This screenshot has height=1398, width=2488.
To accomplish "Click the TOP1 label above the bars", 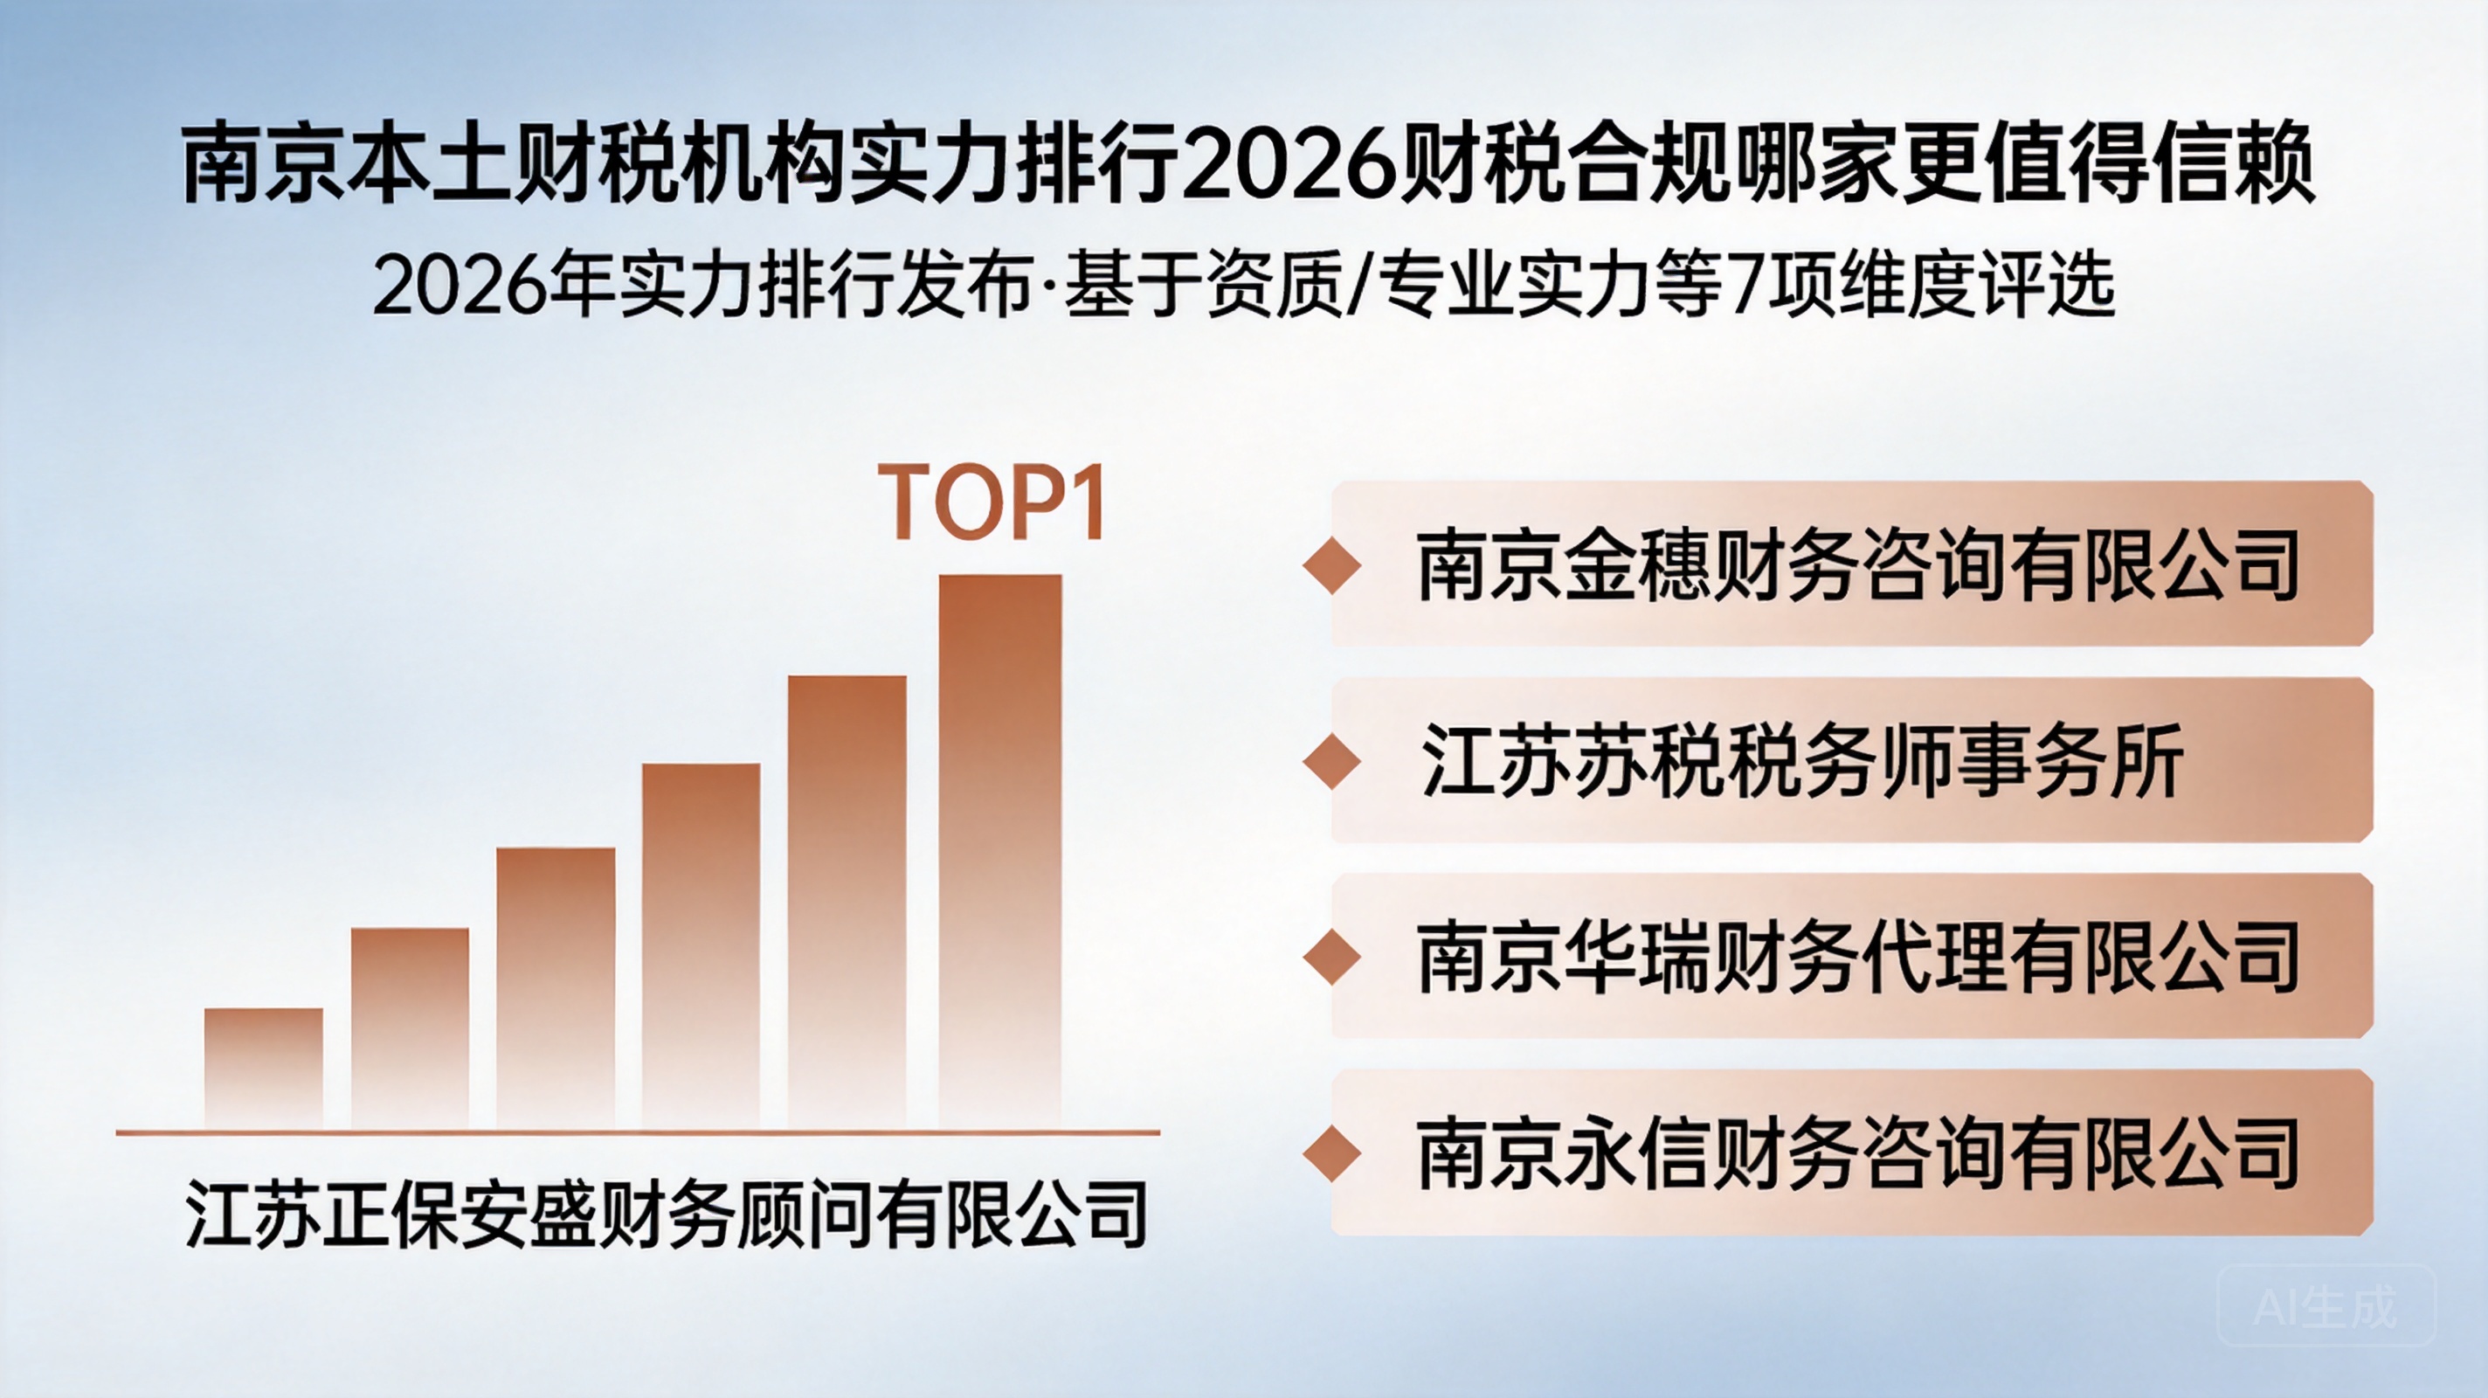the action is click(991, 502).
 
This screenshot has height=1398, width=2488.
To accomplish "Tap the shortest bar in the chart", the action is click(264, 1069).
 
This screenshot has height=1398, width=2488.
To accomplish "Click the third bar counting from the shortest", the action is click(556, 988).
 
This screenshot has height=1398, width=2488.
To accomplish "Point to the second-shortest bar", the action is click(410, 1029).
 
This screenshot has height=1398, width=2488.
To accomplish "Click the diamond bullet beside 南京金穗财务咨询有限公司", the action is click(1332, 565).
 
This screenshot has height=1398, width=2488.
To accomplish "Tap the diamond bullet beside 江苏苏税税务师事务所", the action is click(1332, 762).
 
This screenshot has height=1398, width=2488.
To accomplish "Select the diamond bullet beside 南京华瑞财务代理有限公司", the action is click(1332, 959).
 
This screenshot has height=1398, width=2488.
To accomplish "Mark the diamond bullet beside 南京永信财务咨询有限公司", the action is click(1332, 1153).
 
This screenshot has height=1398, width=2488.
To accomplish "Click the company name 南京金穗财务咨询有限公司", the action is click(1857, 565).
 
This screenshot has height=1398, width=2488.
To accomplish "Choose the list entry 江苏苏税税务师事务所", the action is click(1802, 762).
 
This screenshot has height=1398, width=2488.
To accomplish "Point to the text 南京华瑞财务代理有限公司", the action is click(1857, 959).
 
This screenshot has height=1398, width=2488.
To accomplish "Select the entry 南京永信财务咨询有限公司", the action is click(1857, 1153).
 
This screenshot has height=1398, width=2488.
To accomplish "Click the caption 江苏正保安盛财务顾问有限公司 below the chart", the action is click(667, 1214).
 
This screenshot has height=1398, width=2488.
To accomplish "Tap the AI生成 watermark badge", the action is click(2326, 1306).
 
